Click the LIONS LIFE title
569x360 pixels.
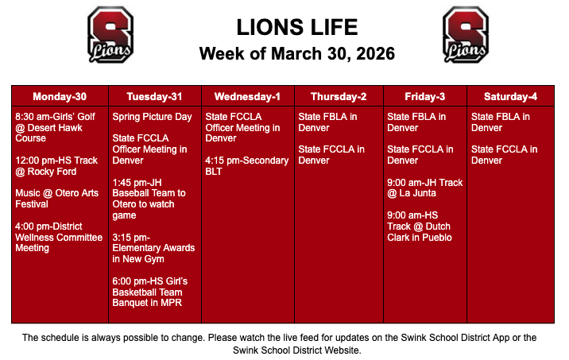296,27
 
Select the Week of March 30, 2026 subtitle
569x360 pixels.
296,54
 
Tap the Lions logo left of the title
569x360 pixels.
110,34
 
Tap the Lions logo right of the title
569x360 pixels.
466,34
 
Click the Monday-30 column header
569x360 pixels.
60,97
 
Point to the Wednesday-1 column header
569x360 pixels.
247,97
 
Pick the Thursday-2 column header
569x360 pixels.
339,97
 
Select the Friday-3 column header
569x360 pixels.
424,97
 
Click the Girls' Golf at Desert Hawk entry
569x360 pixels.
56,127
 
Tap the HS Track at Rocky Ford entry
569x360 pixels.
56,165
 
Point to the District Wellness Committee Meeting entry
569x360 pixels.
59,237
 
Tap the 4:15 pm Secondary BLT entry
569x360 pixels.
246,165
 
